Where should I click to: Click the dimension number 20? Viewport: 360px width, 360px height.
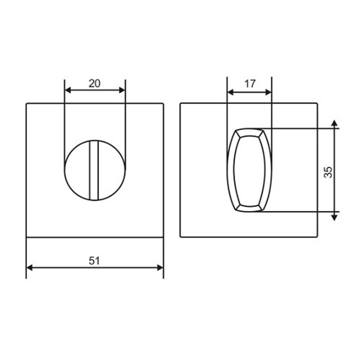(x=94, y=84)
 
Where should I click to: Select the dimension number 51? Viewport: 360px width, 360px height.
(x=94, y=261)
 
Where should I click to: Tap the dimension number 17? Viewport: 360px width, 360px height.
(x=249, y=84)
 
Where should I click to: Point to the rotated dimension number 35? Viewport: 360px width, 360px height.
(x=328, y=172)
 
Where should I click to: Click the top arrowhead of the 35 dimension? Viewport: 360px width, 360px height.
(x=335, y=123)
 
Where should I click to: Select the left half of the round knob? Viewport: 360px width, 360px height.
(x=77, y=170)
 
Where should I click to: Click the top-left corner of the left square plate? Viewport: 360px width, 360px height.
(x=27, y=104)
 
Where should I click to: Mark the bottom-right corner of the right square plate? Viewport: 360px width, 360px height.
(x=317, y=237)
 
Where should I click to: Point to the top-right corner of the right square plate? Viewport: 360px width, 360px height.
(x=317, y=104)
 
